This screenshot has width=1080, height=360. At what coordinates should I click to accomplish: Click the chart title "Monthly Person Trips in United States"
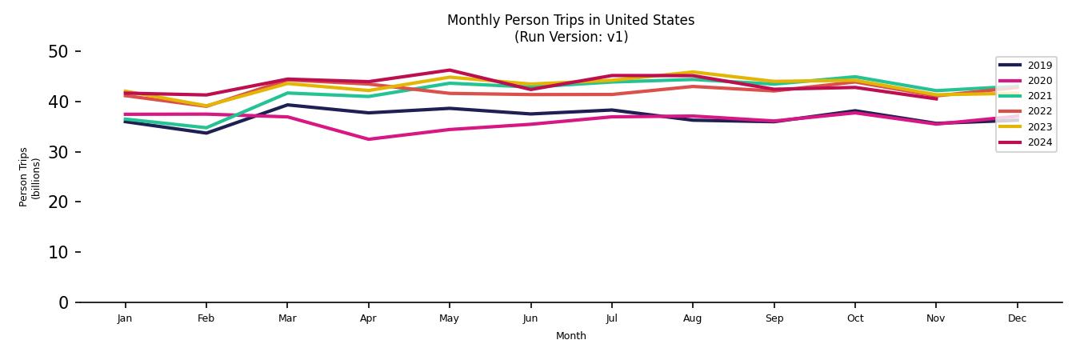pos(570,20)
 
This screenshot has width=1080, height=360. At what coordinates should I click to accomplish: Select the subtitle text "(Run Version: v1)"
pos(570,37)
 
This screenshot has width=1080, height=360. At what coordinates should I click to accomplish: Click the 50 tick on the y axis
pos(59,52)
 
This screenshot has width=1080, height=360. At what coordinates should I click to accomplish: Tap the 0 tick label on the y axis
pos(64,302)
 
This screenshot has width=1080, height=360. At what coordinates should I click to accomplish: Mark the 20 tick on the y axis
pos(59,202)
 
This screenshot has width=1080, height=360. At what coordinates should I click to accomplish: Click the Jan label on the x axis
pos(125,318)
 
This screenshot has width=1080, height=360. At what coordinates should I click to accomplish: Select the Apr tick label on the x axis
pos(368,318)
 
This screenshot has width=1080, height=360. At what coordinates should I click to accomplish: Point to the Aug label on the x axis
pos(692,318)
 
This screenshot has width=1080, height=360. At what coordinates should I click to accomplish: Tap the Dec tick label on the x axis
pos(1017,318)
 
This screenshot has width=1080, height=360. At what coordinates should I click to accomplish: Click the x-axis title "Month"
pos(570,336)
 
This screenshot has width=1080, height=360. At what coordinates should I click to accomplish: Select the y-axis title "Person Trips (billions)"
pos(30,177)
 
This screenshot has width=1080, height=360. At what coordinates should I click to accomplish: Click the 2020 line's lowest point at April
pos(368,139)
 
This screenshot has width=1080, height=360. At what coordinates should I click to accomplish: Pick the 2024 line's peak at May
pos(450,70)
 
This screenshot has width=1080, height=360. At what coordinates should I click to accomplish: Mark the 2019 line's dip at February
pos(206,133)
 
